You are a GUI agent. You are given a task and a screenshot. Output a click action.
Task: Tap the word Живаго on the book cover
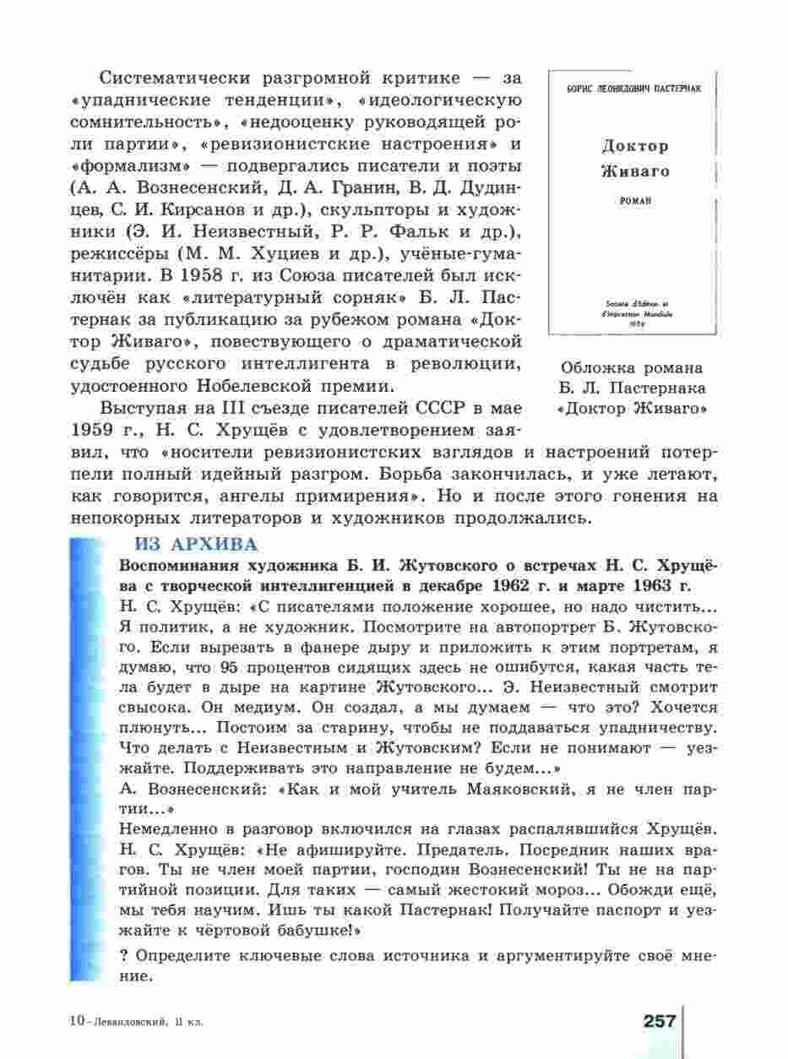(x=634, y=171)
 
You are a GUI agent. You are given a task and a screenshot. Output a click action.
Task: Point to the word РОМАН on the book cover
(x=633, y=202)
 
